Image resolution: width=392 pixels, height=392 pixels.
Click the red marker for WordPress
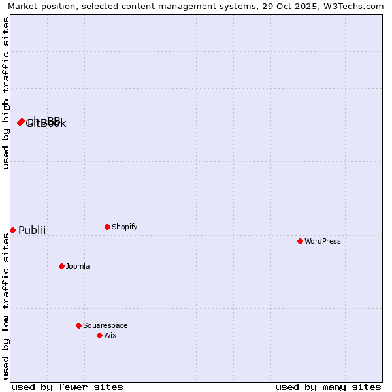coord(300,241)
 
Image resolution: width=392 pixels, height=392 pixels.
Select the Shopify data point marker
coord(107,227)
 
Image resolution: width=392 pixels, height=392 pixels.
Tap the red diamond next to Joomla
coord(61,266)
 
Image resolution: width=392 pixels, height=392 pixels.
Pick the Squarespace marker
coord(78,325)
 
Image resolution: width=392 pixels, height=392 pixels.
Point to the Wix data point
coord(99,335)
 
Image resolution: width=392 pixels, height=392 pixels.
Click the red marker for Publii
coord(12,230)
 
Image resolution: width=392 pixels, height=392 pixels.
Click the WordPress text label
coord(323,241)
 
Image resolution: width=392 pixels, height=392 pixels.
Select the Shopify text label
coord(124,227)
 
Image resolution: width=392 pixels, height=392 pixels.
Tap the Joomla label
coord(78,266)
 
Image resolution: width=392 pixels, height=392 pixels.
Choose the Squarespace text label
coord(105,325)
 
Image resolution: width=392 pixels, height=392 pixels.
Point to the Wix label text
coord(110,335)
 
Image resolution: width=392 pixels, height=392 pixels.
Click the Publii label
coord(32,230)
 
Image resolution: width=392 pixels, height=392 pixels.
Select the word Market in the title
coord(24,7)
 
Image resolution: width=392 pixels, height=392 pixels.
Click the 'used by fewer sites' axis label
coord(67,387)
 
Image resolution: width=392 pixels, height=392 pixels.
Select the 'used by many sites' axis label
coord(328,387)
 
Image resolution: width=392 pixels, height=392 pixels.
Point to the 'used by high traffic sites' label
coord(6,93)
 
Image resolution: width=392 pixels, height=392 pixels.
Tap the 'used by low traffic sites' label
coord(6,306)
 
